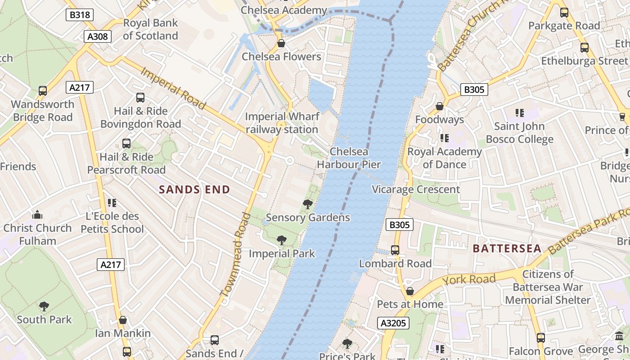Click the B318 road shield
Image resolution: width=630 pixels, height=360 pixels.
[x=80, y=15]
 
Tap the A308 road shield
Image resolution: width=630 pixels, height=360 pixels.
[x=98, y=36]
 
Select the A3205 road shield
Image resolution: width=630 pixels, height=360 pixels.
[x=393, y=323]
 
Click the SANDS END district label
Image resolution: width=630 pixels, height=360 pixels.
[x=194, y=189]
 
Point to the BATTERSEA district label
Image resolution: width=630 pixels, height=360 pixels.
[x=507, y=248]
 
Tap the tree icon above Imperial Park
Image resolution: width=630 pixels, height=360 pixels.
[x=282, y=240]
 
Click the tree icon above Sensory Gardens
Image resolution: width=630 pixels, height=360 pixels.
[x=308, y=204]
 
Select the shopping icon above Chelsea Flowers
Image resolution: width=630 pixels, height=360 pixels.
[x=281, y=43]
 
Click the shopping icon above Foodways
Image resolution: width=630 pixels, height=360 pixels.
[x=440, y=106]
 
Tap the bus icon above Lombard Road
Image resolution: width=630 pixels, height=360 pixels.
[x=395, y=250]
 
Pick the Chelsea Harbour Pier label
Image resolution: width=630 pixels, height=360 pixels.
[x=349, y=158]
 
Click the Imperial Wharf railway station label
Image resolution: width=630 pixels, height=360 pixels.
[x=282, y=123]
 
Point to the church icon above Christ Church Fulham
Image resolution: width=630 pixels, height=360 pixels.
[x=37, y=215]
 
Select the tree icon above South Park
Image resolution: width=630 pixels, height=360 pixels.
[x=44, y=306]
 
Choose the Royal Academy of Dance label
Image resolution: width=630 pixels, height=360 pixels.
[x=444, y=158]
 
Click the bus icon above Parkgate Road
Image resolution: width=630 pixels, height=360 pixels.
[x=564, y=13]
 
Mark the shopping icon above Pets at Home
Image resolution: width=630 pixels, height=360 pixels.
[x=409, y=291]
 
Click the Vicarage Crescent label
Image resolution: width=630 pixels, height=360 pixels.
[x=416, y=189]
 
